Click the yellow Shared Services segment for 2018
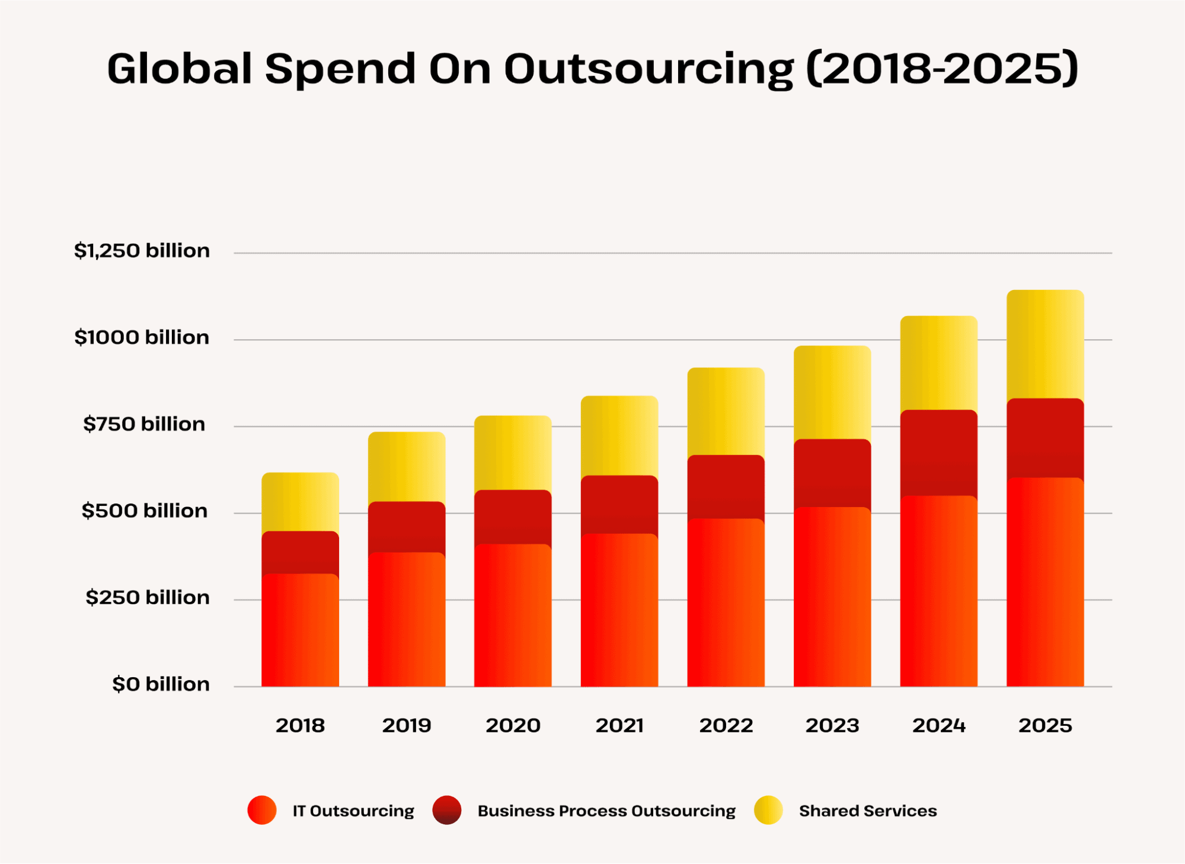click(x=300, y=502)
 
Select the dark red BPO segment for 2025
click(x=1045, y=438)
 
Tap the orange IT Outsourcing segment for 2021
click(x=619, y=611)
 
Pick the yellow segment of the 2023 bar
click(x=832, y=393)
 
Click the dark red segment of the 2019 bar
click(x=406, y=527)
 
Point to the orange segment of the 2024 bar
click(x=938, y=591)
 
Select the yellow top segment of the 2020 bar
click(x=513, y=453)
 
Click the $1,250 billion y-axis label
click(x=142, y=251)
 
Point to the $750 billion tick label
click(x=144, y=424)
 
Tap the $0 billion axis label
click(x=161, y=684)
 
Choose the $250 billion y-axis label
click(x=148, y=597)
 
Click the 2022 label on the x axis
click(x=726, y=725)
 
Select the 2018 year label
click(x=300, y=725)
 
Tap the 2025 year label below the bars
click(x=1045, y=725)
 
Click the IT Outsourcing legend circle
click(x=262, y=810)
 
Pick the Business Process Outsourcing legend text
click(x=606, y=811)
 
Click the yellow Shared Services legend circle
click(x=768, y=810)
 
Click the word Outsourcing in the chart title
click(x=649, y=69)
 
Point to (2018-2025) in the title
click(x=943, y=68)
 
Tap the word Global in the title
click(x=180, y=68)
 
